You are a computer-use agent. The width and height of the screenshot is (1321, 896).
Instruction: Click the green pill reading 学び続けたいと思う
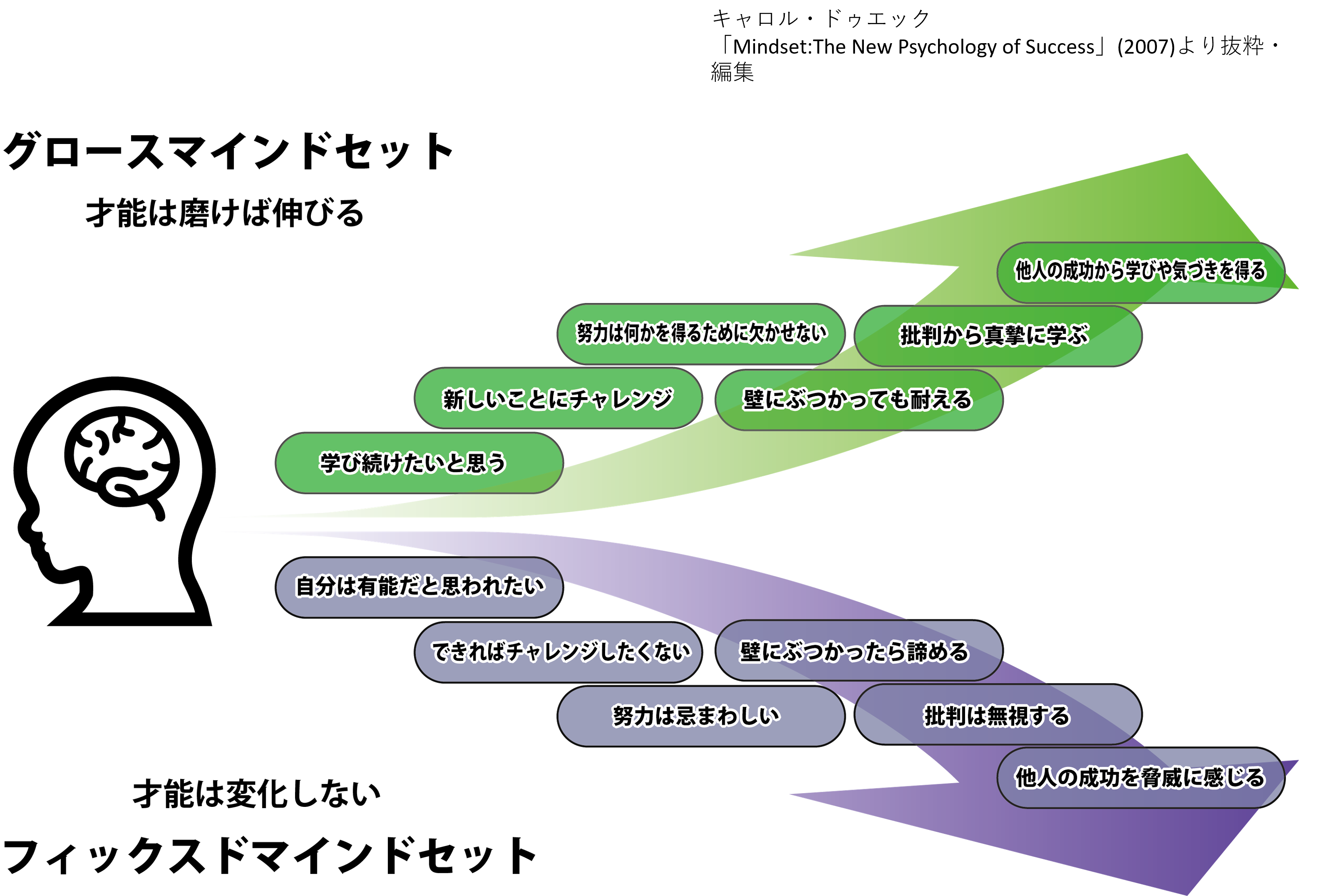pos(419,463)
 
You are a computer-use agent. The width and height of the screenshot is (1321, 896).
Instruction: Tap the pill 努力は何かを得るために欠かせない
pos(701,334)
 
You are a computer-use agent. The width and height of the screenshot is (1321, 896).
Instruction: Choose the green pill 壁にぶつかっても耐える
pos(858,400)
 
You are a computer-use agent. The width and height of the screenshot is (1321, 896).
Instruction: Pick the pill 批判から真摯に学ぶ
pos(998,335)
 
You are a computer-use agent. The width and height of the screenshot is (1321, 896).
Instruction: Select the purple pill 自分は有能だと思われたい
pos(419,586)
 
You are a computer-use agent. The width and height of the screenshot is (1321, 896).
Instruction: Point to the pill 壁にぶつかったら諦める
pos(858,650)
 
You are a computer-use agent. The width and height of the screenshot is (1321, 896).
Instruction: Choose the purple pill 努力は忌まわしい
pos(701,716)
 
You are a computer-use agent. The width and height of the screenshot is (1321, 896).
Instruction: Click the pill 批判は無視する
pos(998,715)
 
